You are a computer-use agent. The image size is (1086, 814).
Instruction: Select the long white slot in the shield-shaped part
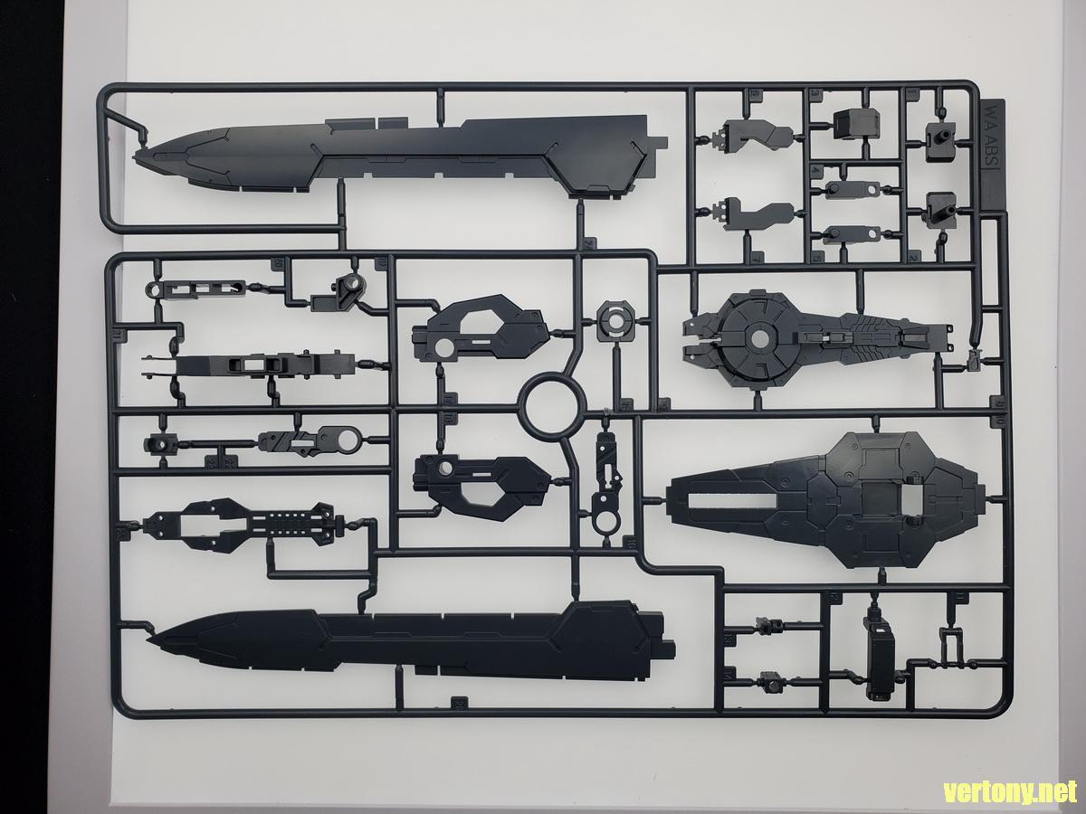tap(729, 498)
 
